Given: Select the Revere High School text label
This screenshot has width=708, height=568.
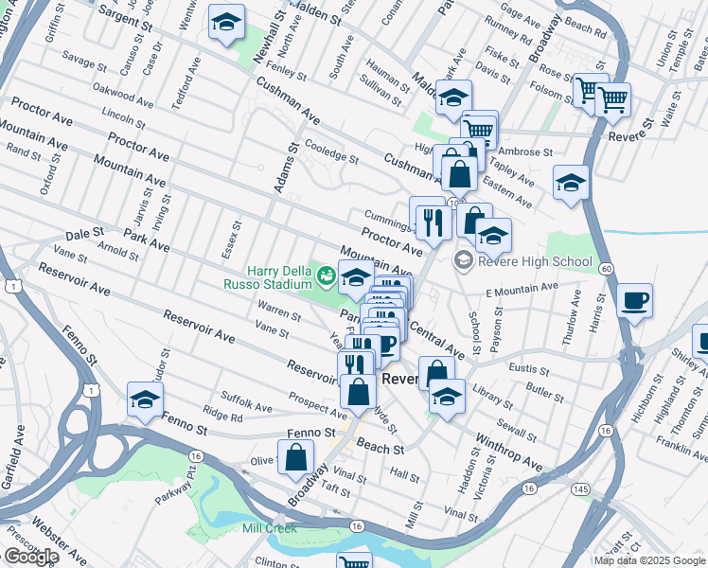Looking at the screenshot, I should pyautogui.click(x=536, y=261).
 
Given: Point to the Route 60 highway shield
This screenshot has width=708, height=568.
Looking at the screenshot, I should pyautogui.click(x=606, y=270).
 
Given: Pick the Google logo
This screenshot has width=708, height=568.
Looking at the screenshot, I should pyautogui.click(x=31, y=557).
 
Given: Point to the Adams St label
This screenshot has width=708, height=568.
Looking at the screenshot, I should pyautogui.click(x=280, y=167).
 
